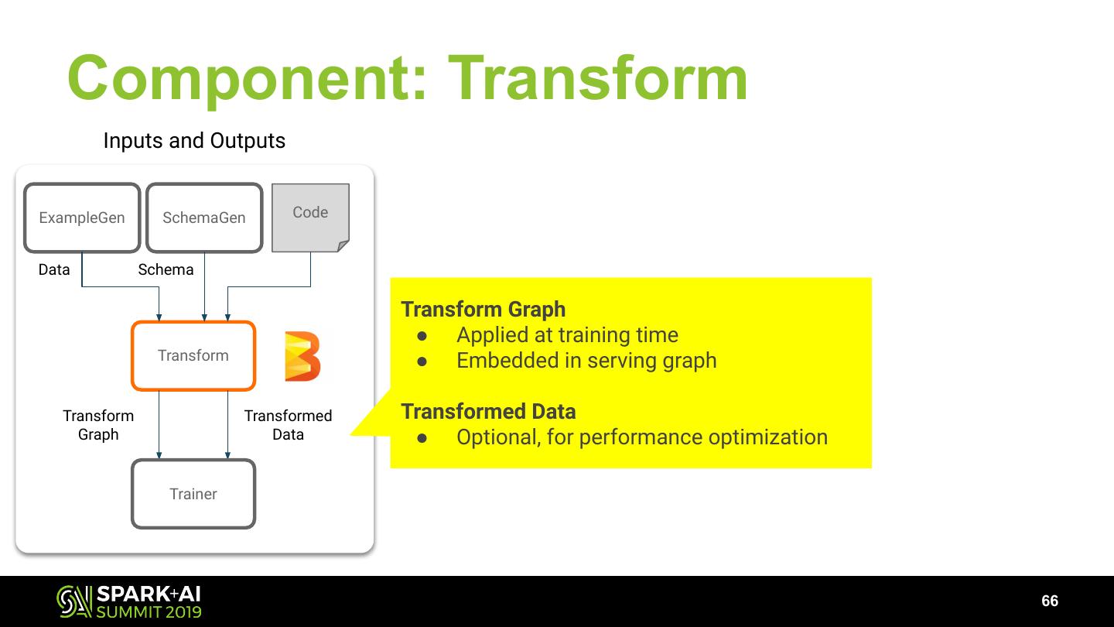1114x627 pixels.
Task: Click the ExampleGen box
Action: (x=82, y=218)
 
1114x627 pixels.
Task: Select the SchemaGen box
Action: (x=204, y=218)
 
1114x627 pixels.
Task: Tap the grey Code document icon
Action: (x=310, y=218)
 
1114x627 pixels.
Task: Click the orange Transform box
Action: (x=193, y=355)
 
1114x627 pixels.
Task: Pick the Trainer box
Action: (x=193, y=494)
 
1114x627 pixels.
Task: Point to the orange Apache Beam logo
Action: (x=302, y=356)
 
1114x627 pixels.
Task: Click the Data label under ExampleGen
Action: (x=54, y=269)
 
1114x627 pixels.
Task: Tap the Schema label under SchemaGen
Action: (x=166, y=269)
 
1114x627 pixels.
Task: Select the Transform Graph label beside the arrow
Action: (x=98, y=425)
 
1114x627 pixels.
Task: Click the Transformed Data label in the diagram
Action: (x=288, y=425)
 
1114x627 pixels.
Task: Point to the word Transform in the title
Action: (x=598, y=78)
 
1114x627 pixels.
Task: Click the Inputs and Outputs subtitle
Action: (x=194, y=141)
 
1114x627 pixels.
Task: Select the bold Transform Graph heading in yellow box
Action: (x=484, y=309)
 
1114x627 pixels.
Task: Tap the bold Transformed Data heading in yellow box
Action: (x=488, y=411)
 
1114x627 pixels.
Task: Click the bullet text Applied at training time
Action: (x=567, y=334)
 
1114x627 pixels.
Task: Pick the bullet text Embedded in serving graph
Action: (x=586, y=360)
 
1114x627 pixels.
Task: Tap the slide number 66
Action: (x=1050, y=601)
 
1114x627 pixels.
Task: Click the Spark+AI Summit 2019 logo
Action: (x=129, y=601)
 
